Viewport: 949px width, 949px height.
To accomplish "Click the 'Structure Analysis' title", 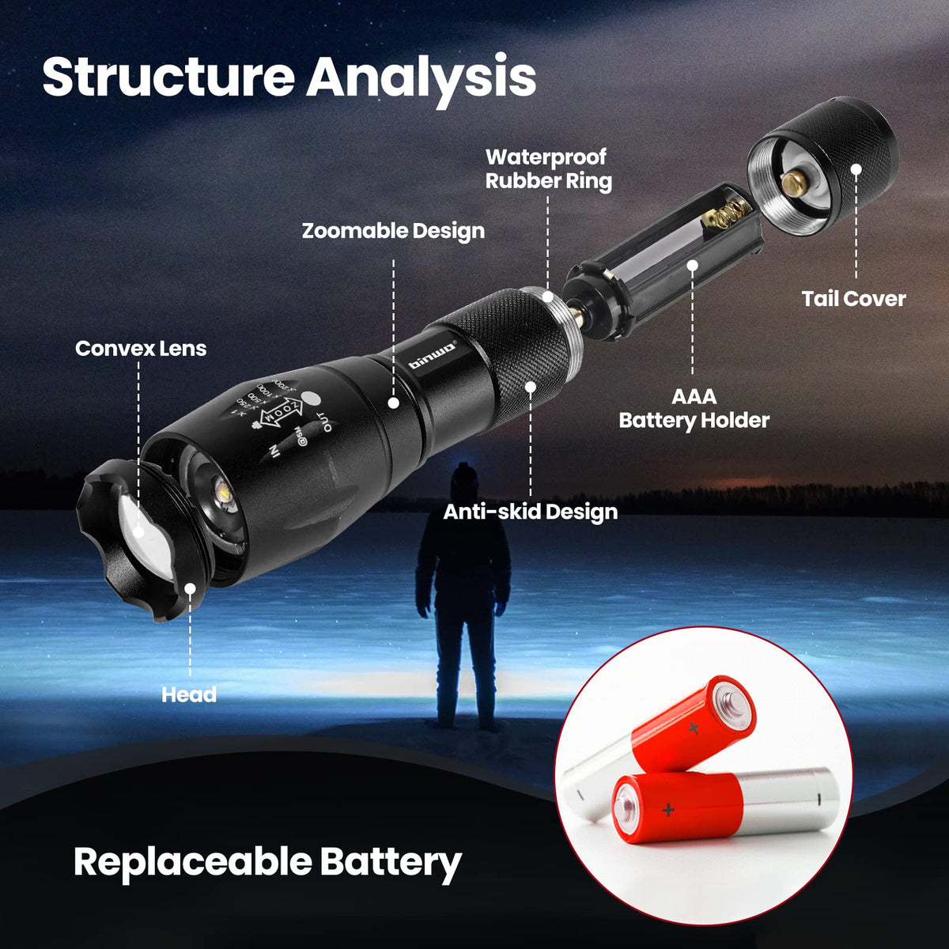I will pyautogui.click(x=289, y=77).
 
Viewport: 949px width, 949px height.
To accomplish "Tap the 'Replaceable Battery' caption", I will pyautogui.click(x=267, y=861).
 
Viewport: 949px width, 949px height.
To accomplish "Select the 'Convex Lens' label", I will pyautogui.click(x=141, y=348).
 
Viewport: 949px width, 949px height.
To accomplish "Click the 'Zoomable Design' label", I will pyautogui.click(x=393, y=231).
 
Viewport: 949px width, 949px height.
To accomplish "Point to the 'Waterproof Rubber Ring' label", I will pyautogui.click(x=548, y=168).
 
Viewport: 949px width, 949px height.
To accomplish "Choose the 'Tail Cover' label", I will pyautogui.click(x=853, y=298).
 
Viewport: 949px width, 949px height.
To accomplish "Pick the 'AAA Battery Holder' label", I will pyautogui.click(x=694, y=408).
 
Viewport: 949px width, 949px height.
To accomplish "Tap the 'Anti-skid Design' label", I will pyautogui.click(x=530, y=512).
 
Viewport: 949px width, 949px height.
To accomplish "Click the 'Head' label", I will pyautogui.click(x=189, y=694).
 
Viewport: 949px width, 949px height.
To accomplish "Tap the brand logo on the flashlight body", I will pyautogui.click(x=433, y=354).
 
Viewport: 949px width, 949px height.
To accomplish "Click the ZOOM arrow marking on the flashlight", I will pyautogui.click(x=283, y=411).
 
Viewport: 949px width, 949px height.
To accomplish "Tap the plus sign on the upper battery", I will pyautogui.click(x=694, y=728).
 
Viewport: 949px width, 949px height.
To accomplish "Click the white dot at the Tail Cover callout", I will pyautogui.click(x=856, y=168).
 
